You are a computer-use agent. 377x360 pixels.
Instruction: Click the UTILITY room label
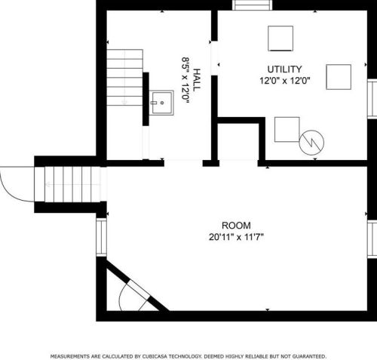284,69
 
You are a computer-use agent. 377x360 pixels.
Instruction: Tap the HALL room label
197,80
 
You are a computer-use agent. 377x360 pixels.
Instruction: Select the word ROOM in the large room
236,226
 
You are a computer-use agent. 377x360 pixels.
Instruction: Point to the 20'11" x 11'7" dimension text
236,237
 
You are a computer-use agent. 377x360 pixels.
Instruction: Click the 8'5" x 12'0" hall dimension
185,80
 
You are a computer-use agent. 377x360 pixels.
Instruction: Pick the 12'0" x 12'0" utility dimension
285,81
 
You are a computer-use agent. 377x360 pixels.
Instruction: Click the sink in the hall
161,103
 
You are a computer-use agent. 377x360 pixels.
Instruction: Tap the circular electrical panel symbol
311,143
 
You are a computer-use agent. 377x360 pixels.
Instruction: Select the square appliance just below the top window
280,38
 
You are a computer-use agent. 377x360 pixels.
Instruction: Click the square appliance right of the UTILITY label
339,77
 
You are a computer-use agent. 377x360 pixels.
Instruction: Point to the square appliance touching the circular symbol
287,129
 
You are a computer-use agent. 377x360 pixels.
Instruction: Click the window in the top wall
252,5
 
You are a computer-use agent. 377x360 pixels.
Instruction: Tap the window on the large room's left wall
102,238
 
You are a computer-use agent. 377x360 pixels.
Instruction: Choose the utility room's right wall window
372,99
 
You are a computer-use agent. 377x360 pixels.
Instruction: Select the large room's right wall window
372,239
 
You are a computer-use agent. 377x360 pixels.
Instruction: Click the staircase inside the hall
125,78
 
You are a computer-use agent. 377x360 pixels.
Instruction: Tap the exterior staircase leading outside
72,184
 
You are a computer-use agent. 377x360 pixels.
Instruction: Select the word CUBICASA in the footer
155,356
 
